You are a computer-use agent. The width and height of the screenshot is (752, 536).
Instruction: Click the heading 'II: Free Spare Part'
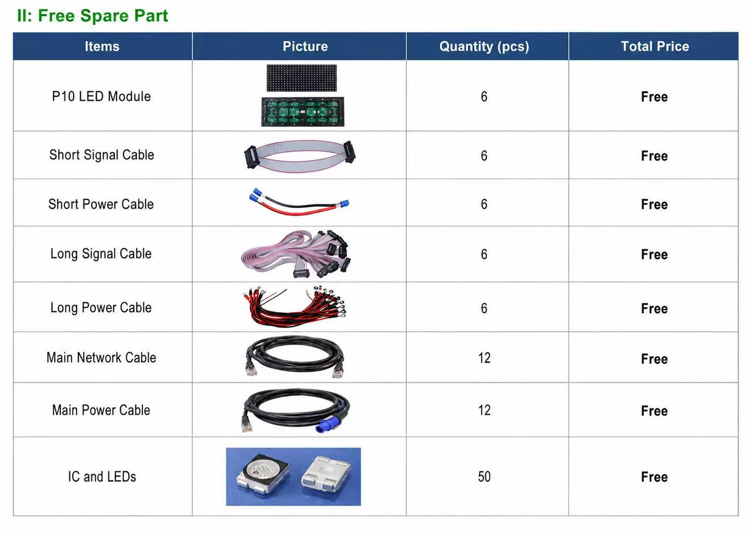92,16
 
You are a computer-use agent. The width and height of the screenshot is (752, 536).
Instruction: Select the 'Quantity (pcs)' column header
484,46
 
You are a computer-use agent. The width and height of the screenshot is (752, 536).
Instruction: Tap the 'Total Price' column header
655,46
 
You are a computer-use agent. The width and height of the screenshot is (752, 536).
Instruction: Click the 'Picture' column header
305,46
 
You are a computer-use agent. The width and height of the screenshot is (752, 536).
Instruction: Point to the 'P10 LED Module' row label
101,97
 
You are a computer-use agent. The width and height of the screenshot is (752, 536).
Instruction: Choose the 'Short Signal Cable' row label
101,155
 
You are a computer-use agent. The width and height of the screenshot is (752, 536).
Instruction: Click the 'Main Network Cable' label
101,358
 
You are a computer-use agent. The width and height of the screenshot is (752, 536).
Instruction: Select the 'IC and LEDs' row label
102,477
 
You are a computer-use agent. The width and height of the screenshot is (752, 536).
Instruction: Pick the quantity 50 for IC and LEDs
484,477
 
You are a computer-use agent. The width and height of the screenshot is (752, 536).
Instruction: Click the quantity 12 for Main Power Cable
484,411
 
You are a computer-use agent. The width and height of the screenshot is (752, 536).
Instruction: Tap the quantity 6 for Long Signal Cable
484,254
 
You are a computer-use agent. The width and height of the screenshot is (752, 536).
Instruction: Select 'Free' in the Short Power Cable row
654,205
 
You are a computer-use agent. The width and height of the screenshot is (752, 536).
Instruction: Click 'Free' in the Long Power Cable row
654,309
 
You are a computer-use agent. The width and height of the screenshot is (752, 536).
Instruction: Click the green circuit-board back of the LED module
303,112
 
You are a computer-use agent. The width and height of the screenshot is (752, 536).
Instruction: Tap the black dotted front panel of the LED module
301,78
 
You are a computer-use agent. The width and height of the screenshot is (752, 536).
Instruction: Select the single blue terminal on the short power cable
345,203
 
